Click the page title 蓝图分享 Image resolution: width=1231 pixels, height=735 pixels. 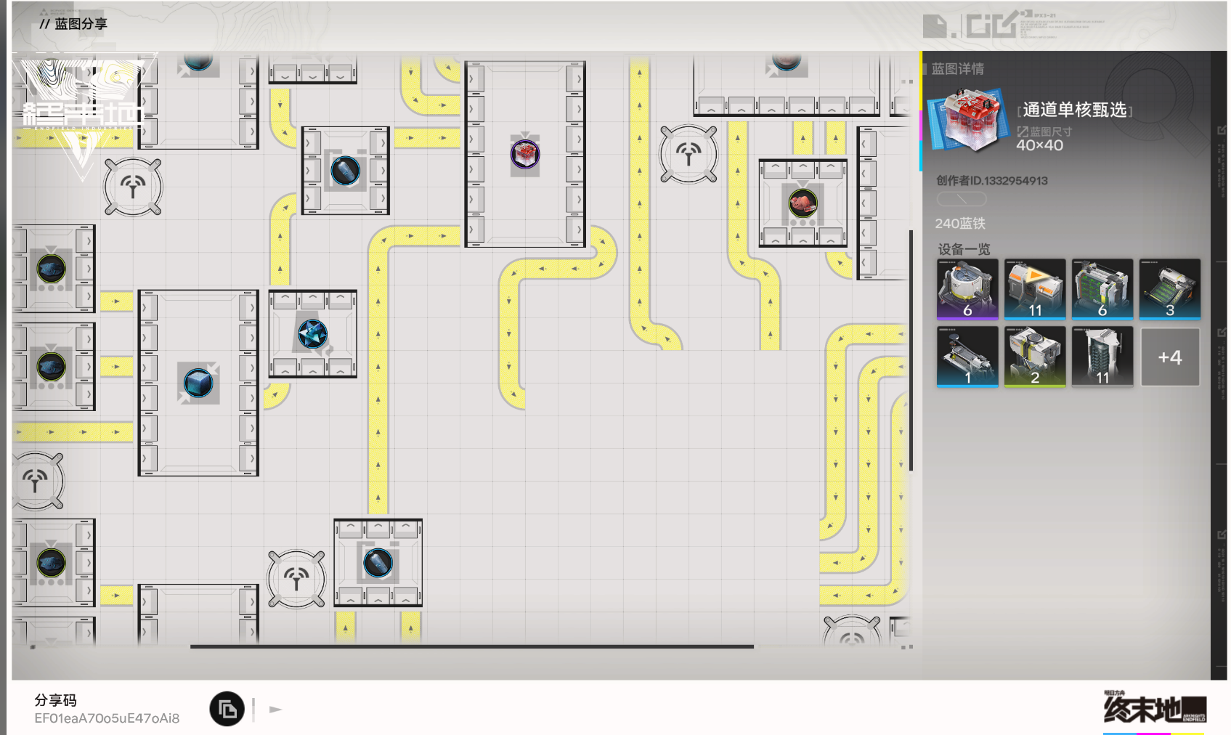(81, 24)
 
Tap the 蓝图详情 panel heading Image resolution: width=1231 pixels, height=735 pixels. (957, 69)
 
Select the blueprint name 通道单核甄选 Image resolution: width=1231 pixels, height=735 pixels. (1074, 110)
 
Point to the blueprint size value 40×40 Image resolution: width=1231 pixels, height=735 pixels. (1039, 145)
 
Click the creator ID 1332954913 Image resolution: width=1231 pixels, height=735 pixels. (992, 181)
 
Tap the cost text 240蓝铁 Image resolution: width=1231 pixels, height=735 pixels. (960, 224)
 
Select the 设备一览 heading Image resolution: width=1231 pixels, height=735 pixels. (964, 249)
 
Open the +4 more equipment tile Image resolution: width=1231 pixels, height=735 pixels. (1170, 357)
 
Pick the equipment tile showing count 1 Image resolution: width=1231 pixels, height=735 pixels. (967, 357)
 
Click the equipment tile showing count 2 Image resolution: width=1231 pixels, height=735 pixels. (1035, 357)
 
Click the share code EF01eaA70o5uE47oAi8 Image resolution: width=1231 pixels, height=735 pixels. (107, 718)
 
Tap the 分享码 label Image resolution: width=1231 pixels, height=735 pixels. (55, 700)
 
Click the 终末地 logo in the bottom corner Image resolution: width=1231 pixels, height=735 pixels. (1154, 709)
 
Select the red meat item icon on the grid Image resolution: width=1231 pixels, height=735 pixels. (803, 203)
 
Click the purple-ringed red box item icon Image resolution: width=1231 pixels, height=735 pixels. (525, 154)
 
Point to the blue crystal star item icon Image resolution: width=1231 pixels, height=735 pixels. (313, 333)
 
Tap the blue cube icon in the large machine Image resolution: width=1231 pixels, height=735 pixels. (198, 383)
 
